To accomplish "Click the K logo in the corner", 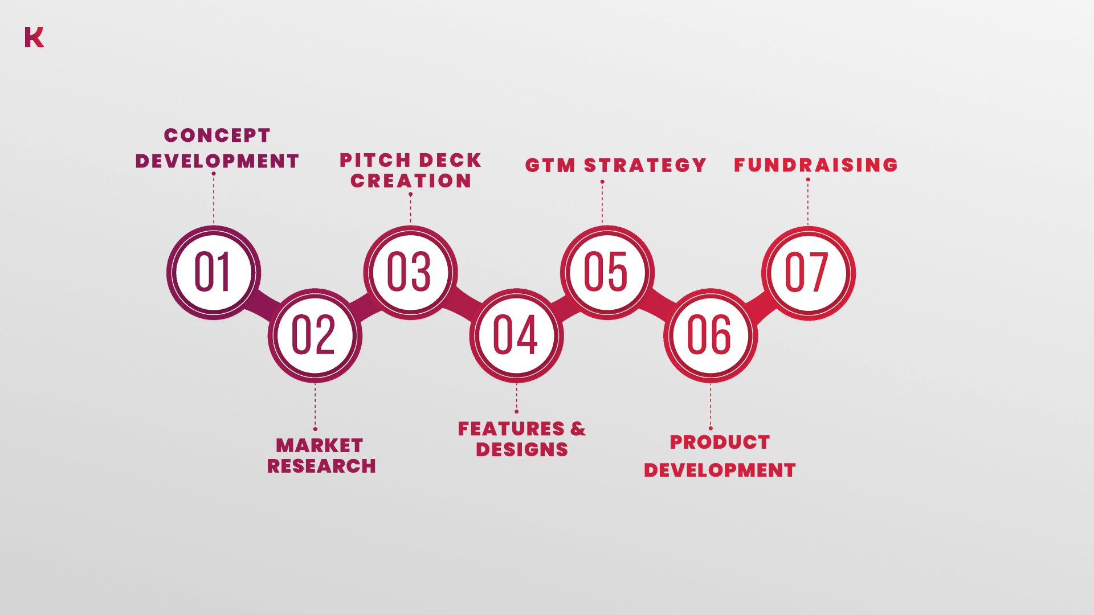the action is tap(34, 37).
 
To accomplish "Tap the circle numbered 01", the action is tap(214, 273).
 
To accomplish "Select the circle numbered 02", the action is tap(315, 335).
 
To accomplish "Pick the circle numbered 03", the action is tap(410, 273).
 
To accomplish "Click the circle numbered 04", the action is tap(517, 335).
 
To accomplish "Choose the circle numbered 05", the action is tap(607, 273).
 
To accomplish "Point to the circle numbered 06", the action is tap(711, 335).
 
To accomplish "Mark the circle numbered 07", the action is tap(809, 273).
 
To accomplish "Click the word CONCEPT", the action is tap(217, 136).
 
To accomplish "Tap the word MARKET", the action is tap(320, 445).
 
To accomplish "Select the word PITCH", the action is tap(375, 161).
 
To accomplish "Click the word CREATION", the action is tap(411, 181).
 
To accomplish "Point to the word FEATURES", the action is tap(511, 429).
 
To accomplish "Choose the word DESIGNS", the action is tap(522, 450).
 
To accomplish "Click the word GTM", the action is tap(550, 166).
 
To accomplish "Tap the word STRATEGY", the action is tap(646, 166).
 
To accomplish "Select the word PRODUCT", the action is tap(720, 442).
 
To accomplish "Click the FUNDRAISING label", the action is tap(816, 165).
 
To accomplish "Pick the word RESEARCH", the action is tap(321, 466).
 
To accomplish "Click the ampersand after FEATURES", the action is tap(578, 429).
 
